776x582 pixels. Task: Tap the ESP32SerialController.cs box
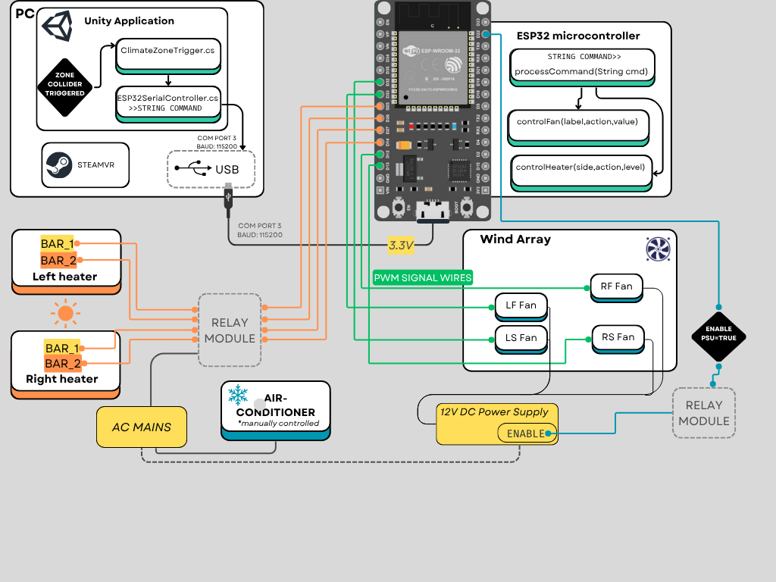pyautogui.click(x=168, y=102)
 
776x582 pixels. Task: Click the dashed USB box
pyautogui.click(x=211, y=169)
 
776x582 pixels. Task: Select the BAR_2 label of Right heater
pyautogui.click(x=62, y=364)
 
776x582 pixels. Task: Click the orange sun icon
pyautogui.click(x=66, y=311)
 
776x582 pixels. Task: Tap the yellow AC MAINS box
pyautogui.click(x=142, y=427)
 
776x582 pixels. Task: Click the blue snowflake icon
pyautogui.click(x=238, y=395)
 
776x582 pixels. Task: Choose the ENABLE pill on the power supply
pyautogui.click(x=526, y=433)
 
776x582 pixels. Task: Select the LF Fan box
pyautogui.click(x=520, y=305)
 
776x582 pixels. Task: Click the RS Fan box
pyautogui.click(x=618, y=337)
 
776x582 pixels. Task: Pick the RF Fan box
pyautogui.click(x=616, y=286)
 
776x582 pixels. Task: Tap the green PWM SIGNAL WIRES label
pyautogui.click(x=422, y=278)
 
